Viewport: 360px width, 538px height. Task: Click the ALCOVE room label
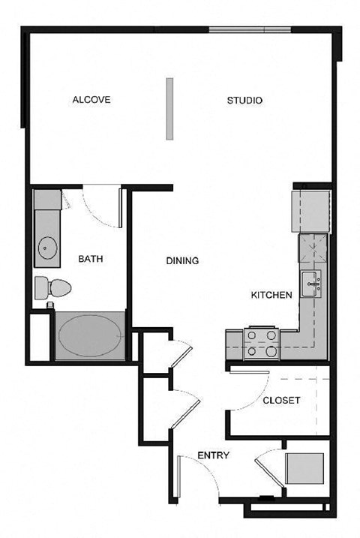91,100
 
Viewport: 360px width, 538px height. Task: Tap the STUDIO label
244,100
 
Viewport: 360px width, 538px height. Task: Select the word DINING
182,261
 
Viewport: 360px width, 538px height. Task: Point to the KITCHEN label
271,295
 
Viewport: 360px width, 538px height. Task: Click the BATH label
91,259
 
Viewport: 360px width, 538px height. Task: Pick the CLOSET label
281,401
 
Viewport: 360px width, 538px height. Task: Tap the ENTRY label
213,455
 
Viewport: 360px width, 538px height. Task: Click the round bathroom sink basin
47,247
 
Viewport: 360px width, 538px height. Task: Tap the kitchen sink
313,284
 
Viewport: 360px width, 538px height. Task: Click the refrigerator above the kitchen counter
310,211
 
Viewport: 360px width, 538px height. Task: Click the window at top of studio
249,30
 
